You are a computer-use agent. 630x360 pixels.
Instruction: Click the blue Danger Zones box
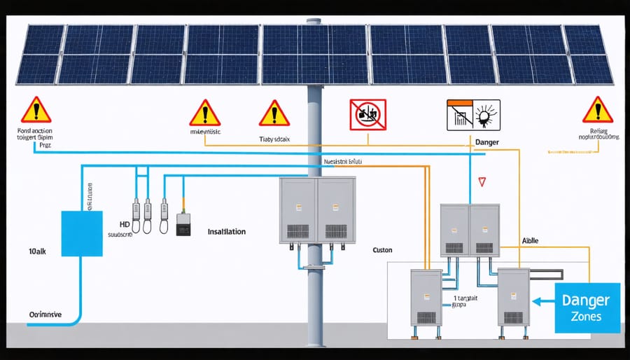(587, 307)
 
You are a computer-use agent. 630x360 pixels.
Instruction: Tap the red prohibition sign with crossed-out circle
(367, 113)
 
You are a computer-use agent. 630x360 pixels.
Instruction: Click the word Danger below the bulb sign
(486, 142)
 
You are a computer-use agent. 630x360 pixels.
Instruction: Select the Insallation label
(227, 231)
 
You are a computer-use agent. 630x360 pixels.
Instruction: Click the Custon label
(382, 250)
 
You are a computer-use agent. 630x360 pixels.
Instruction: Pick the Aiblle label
(531, 240)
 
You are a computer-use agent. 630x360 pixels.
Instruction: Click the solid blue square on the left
(82, 233)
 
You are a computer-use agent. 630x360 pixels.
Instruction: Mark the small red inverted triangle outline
(481, 181)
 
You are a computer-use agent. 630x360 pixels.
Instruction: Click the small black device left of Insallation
(183, 225)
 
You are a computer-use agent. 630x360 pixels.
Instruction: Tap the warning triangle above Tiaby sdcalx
(274, 113)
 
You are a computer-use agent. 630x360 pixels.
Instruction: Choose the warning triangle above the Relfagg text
(597, 110)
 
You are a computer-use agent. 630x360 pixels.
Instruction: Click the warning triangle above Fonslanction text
(35, 110)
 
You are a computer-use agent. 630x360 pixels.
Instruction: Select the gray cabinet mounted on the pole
(317, 209)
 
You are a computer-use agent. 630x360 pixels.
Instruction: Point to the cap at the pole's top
(314, 23)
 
